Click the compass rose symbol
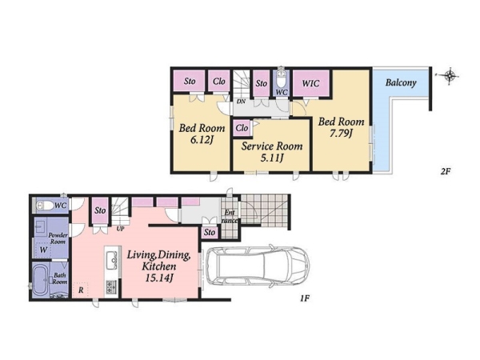coord(449,75)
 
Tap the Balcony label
coord(401,82)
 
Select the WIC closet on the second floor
coord(311,83)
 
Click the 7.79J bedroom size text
coord(341,134)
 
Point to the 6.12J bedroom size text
coord(202,140)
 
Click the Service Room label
coord(272,146)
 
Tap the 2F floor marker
coord(446,171)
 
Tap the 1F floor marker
coord(305,298)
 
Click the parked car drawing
coord(258,266)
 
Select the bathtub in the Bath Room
coord(41,281)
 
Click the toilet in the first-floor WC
coord(45,206)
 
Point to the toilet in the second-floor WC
coord(281,79)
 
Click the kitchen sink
coord(111,260)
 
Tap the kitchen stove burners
coord(111,287)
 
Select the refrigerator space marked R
coord(81,290)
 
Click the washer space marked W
coord(43,250)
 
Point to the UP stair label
coord(120,229)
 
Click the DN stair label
coord(241,102)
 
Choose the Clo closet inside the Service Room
coord(242,128)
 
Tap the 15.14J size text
coord(159,278)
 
